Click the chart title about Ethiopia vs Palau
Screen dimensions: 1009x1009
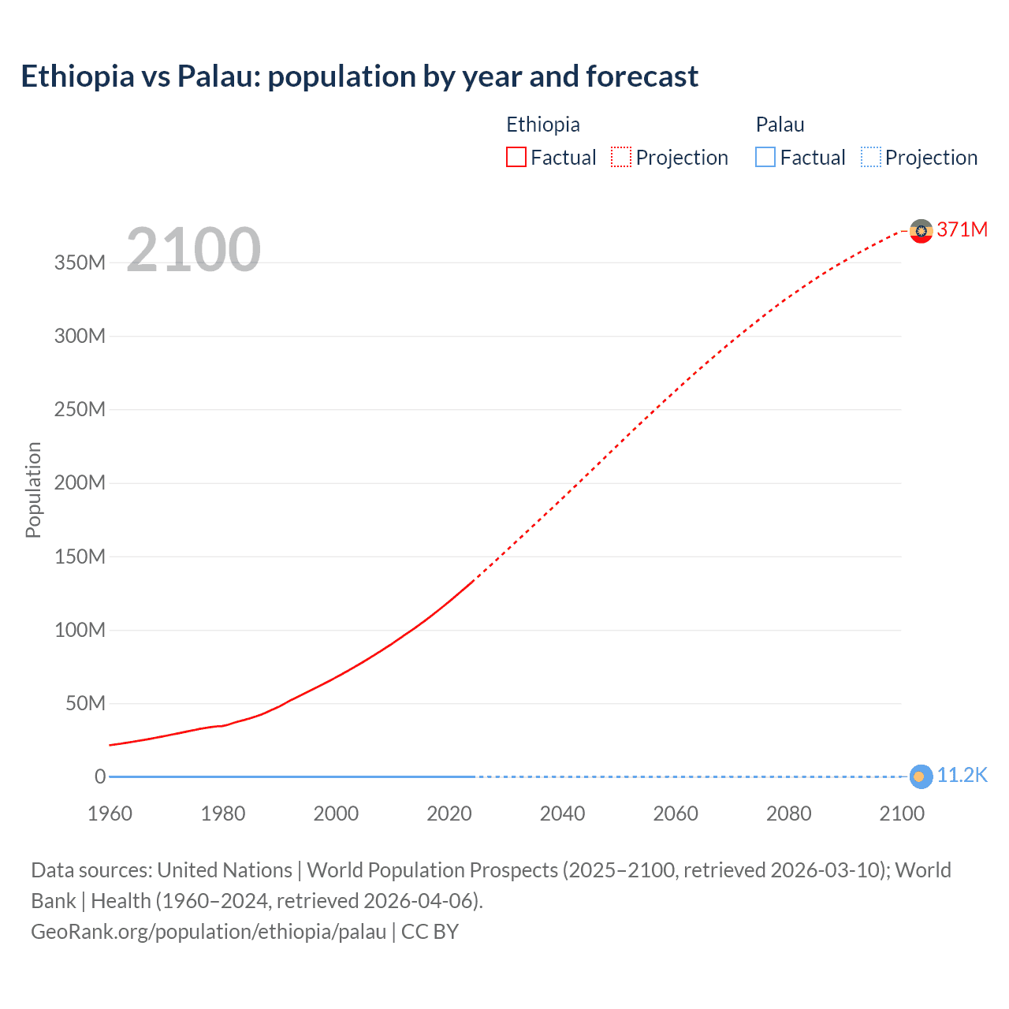pos(359,76)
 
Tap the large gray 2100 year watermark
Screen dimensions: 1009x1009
pos(193,249)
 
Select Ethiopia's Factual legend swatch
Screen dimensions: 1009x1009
pos(516,158)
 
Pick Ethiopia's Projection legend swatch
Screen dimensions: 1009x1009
pos(621,158)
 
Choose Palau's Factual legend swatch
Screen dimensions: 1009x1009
pos(765,158)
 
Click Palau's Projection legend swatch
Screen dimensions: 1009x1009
pos(871,158)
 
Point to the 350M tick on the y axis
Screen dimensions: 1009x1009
pos(80,262)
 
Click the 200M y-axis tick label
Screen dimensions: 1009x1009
pos(80,482)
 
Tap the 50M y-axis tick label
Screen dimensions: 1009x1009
pos(84,703)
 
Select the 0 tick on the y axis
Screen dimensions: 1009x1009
pos(100,776)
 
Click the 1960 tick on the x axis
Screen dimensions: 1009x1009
pos(110,814)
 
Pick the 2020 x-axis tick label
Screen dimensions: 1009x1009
pos(449,814)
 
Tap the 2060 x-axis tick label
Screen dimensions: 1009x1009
pos(676,814)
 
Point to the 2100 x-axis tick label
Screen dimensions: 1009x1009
pos(902,814)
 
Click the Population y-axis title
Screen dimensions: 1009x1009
pos(33,490)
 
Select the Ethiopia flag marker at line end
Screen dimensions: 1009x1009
pos(921,231)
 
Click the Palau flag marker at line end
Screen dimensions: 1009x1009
pos(920,776)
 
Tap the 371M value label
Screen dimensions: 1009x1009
pos(962,229)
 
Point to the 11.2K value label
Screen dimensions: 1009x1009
pos(962,776)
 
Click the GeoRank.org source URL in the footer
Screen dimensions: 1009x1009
pos(209,932)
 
